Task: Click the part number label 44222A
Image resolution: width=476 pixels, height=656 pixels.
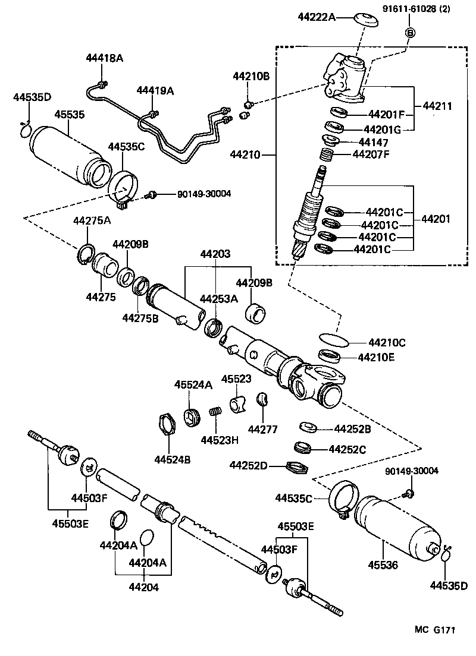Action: coord(317,17)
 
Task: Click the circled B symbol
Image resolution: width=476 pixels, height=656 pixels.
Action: coord(409,32)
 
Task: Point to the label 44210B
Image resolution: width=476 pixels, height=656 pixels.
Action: coord(250,76)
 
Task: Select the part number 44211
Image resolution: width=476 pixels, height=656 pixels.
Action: coord(437,107)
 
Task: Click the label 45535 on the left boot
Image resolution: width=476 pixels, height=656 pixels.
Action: coord(70,114)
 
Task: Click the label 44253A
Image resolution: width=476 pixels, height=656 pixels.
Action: coord(218,299)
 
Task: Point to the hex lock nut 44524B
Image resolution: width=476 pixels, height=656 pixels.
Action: coord(168,425)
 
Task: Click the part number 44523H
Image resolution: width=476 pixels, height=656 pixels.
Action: coord(220,440)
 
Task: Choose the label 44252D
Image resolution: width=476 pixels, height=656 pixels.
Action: coord(248,465)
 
